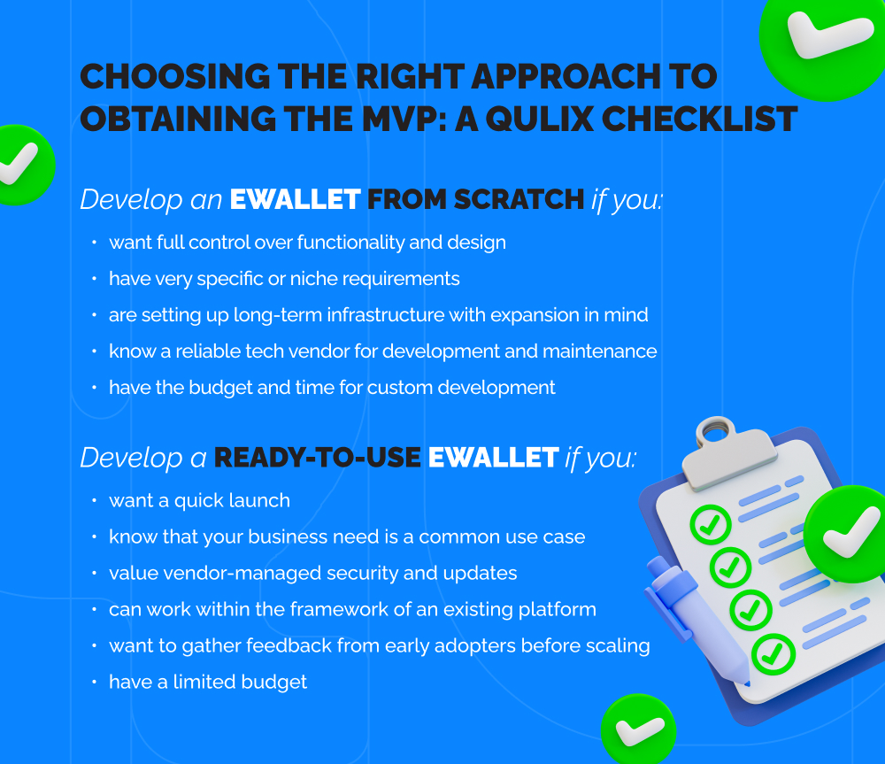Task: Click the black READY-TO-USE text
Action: click(x=317, y=457)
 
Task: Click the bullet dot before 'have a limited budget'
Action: click(x=94, y=682)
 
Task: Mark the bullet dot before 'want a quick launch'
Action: click(x=94, y=500)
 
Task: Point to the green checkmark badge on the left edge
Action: click(x=19, y=165)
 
